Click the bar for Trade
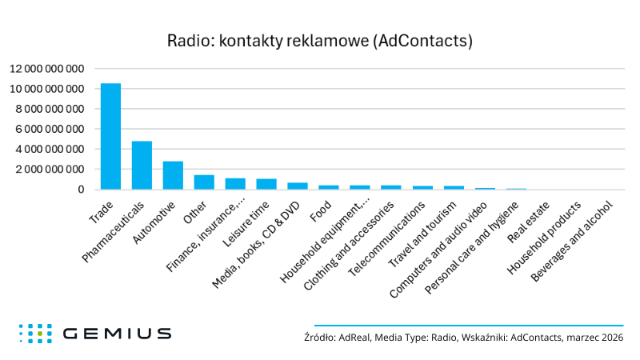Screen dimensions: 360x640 110,137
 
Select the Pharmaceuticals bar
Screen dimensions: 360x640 142,166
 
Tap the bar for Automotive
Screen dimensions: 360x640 173,175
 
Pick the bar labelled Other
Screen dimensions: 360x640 204,182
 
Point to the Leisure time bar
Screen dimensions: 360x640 266,184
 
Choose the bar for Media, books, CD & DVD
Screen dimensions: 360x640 298,186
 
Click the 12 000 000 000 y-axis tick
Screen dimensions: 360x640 46,68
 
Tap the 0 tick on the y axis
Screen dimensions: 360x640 82,190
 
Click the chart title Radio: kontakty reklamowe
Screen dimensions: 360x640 319,40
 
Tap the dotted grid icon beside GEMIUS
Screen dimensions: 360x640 35,333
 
